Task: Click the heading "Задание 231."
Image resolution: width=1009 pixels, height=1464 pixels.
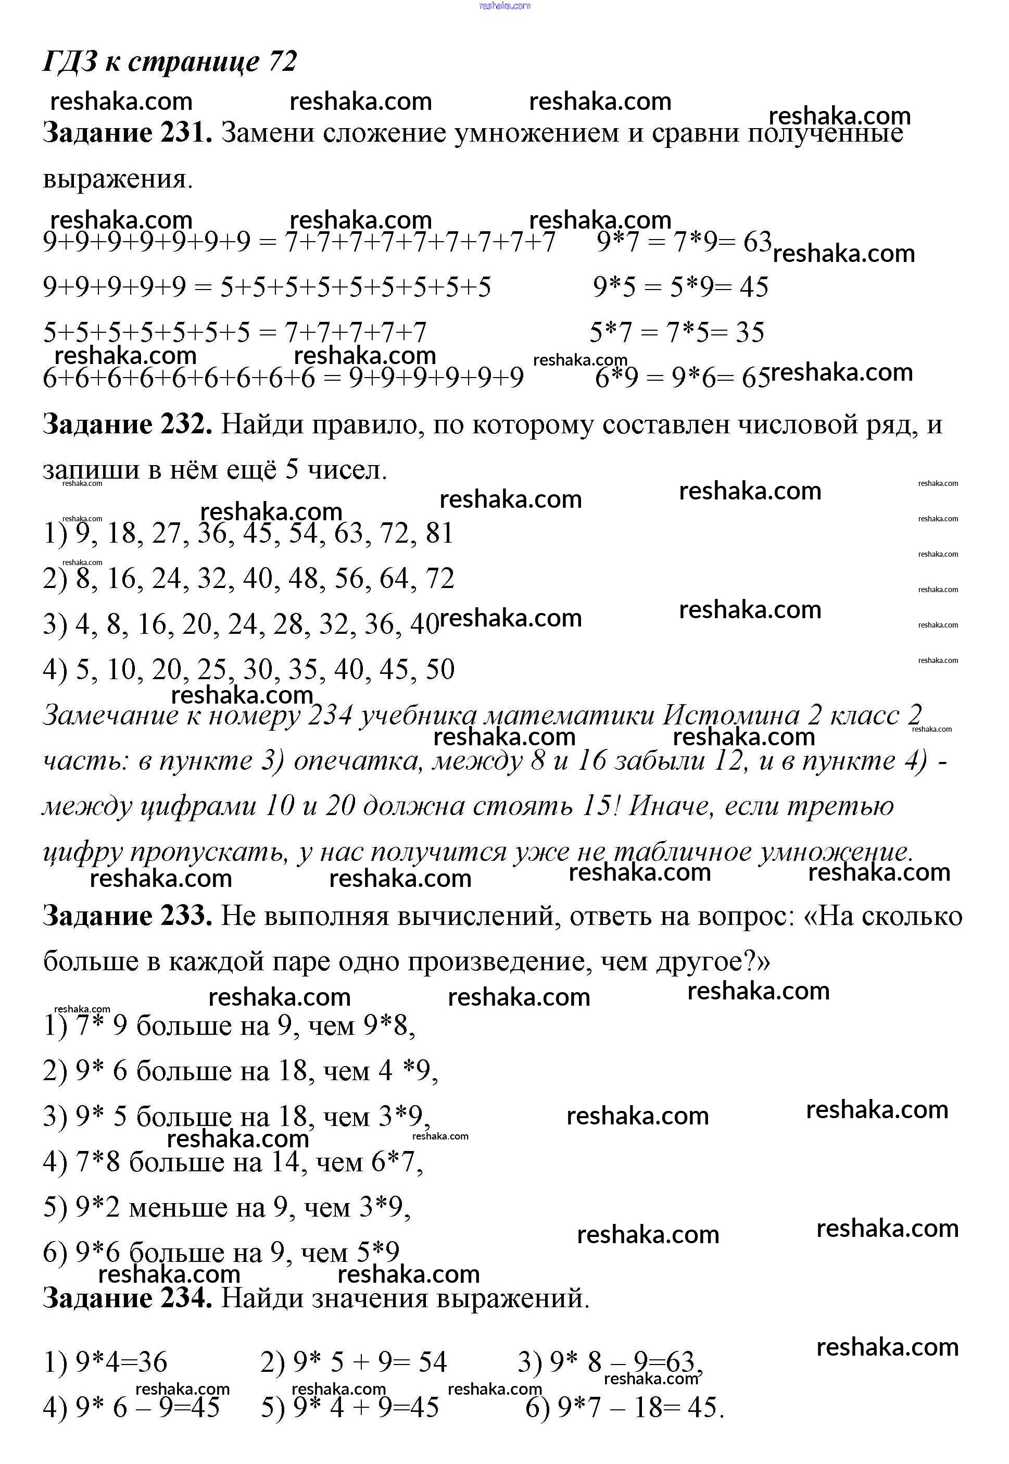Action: pyautogui.click(x=127, y=133)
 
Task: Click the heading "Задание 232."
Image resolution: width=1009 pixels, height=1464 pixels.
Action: pyautogui.click(x=127, y=424)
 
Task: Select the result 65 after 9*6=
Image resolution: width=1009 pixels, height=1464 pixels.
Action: pyautogui.click(x=756, y=378)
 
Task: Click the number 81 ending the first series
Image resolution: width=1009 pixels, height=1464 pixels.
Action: pyautogui.click(x=439, y=533)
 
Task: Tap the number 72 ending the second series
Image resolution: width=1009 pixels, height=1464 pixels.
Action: pyautogui.click(x=439, y=579)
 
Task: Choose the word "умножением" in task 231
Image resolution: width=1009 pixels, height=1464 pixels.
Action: pyautogui.click(x=537, y=133)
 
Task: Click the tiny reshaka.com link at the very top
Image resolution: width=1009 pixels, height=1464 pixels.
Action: pyautogui.click(x=504, y=6)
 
